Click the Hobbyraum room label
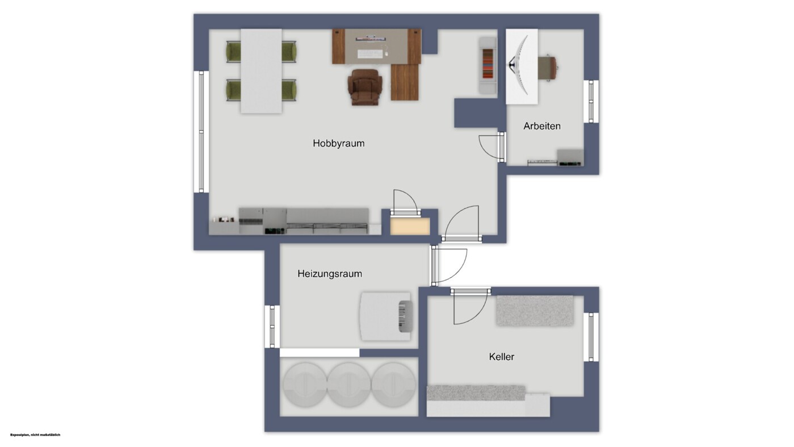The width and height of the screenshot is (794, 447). (338, 143)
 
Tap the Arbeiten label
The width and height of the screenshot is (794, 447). (542, 126)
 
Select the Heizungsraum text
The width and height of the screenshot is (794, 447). (330, 274)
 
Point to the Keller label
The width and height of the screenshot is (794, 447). (502, 357)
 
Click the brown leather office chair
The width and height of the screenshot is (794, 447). (365, 87)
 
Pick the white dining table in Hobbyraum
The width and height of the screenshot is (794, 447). (261, 71)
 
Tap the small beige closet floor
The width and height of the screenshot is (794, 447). (410, 226)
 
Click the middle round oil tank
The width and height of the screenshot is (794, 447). (349, 385)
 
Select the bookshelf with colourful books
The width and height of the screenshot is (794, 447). (488, 66)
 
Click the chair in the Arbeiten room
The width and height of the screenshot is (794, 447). (548, 68)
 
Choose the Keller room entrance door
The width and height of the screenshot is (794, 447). (470, 306)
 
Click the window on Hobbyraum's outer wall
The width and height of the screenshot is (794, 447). (201, 132)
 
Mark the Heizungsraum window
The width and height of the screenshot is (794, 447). (272, 327)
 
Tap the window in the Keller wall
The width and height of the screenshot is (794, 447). (591, 337)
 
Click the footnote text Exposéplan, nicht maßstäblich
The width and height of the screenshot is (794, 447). (35, 435)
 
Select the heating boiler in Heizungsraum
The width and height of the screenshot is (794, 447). (386, 316)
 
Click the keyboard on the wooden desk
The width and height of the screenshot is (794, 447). (370, 54)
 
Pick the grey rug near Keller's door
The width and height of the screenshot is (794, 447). (535, 311)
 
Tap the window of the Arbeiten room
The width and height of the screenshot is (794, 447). (591, 102)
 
